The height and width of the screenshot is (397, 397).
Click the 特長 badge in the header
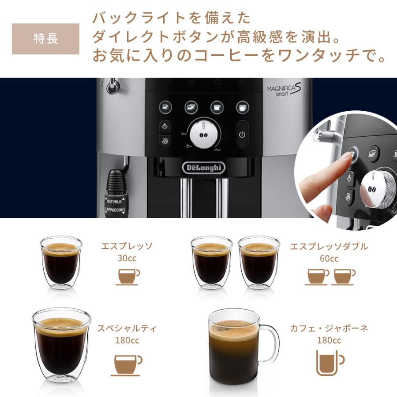pos(45,39)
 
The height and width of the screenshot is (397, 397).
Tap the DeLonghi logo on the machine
pos(203,168)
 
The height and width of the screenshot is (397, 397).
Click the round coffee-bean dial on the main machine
pos(203,132)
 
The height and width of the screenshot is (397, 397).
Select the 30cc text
pos(127,258)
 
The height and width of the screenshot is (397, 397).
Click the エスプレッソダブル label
pos(329,247)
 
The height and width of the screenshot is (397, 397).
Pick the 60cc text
pos(329,258)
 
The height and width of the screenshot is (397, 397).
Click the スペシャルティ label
pos(127,329)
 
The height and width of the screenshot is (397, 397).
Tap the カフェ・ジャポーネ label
pos(329,329)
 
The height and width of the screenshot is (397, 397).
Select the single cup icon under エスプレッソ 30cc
pos(127,277)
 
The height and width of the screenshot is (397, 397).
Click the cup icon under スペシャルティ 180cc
pos(127,364)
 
